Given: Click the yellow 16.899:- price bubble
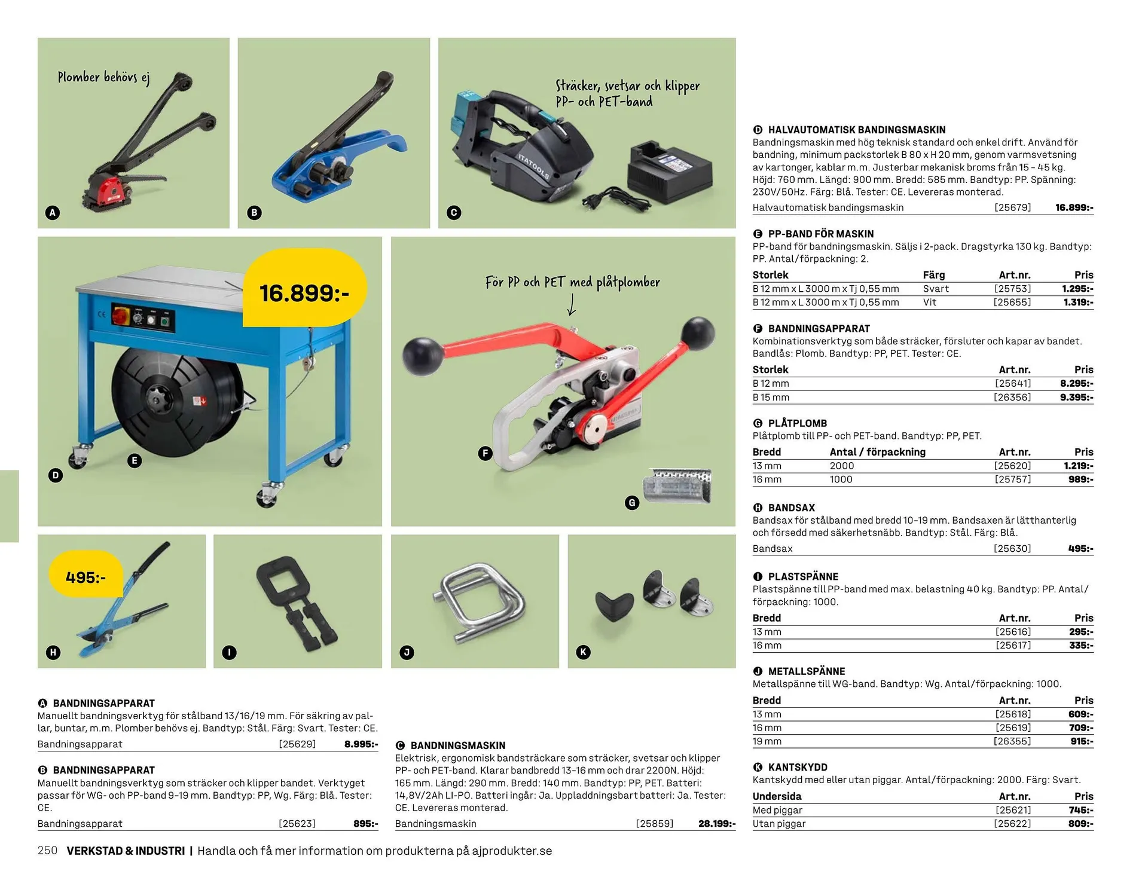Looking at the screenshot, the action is coord(305,288).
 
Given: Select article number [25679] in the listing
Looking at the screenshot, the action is coord(1012,207).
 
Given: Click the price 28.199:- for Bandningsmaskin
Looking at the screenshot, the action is coord(717,823).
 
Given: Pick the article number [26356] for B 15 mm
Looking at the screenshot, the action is coord(1012,397).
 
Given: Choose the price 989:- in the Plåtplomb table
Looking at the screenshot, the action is coord(1081,479).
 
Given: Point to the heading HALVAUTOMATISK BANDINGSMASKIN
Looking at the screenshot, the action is coord(856,130).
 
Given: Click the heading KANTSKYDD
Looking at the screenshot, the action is coord(798,767).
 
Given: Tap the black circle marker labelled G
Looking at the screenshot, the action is coord(632,503).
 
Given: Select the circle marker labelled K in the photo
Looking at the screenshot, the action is coord(584,652).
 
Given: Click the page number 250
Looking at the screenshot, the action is coord(47,850).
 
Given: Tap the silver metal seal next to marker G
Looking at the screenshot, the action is coord(677,485).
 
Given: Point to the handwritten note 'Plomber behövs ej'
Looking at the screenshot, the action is coord(103,77).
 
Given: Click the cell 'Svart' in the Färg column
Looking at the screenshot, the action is coord(936,289).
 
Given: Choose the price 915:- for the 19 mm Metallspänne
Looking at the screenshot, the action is coord(1082,741).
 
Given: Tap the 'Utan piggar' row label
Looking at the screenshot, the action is coord(778,824).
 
